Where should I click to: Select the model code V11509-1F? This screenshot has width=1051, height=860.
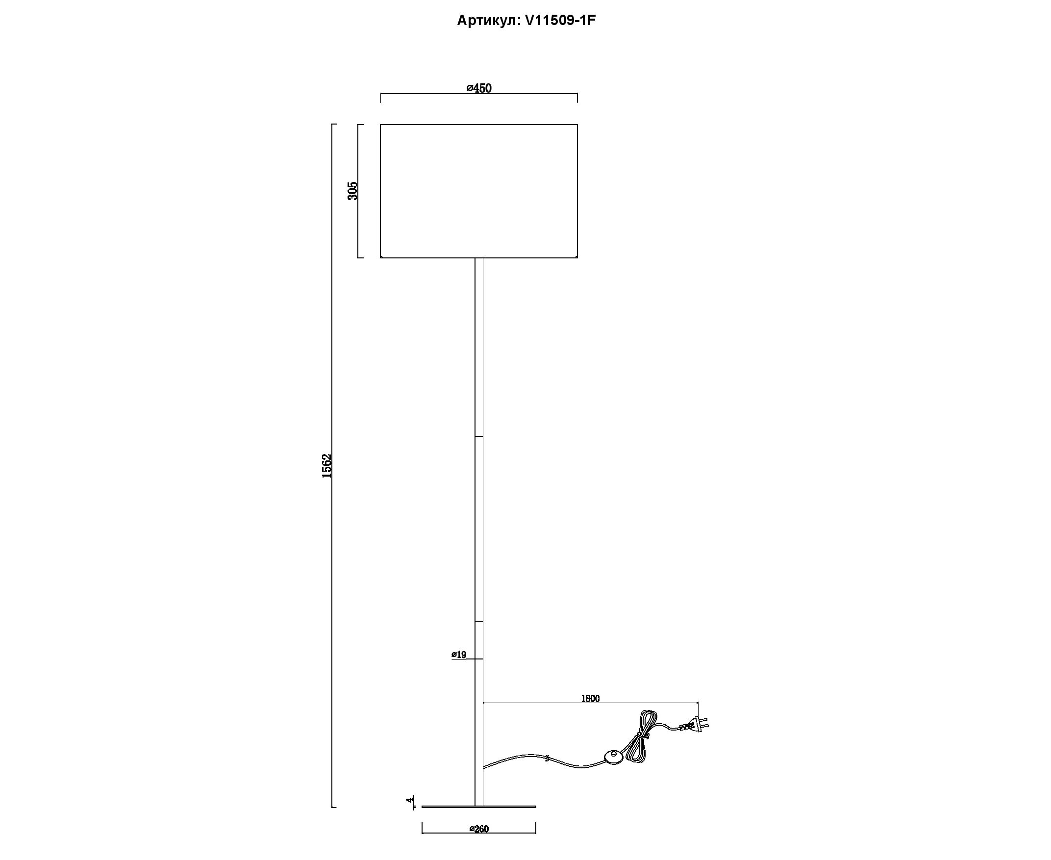click(x=560, y=20)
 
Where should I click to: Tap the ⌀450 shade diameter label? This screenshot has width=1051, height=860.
click(x=479, y=88)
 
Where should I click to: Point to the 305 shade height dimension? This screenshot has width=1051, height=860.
click(x=352, y=191)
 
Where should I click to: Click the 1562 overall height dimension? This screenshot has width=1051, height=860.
click(x=326, y=465)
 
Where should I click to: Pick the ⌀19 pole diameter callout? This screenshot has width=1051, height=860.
click(x=459, y=655)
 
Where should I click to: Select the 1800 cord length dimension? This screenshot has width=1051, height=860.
click(x=590, y=699)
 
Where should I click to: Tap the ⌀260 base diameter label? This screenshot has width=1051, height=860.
click(x=478, y=829)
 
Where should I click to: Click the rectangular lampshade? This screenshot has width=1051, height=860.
click(x=479, y=191)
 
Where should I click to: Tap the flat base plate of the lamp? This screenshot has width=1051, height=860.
click(x=478, y=807)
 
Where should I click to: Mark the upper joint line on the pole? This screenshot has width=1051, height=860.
click(x=479, y=436)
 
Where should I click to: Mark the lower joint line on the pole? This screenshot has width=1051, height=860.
click(x=479, y=621)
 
